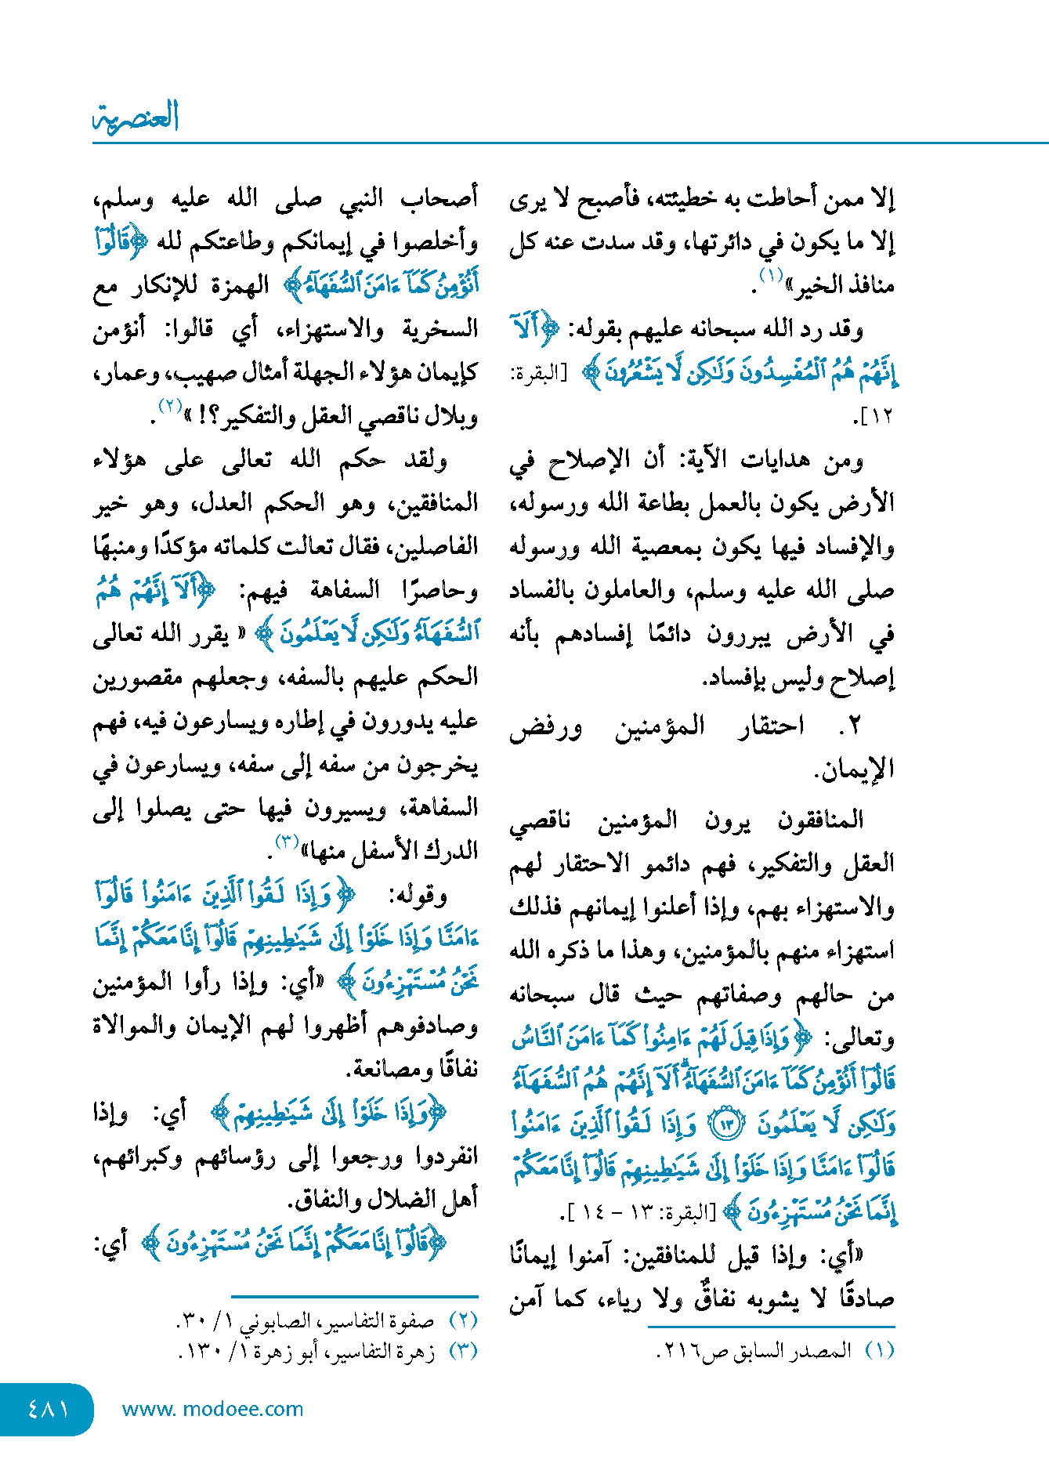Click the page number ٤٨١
(49, 1409)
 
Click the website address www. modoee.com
(212, 1409)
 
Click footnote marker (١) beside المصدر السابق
(879, 1351)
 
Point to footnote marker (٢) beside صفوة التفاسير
(463, 1320)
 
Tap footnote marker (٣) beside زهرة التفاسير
(463, 1351)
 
